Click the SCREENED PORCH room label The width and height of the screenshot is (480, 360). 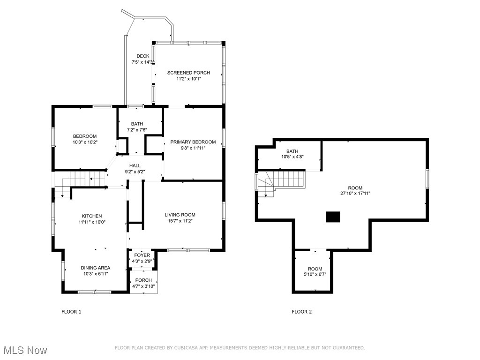tap(189, 73)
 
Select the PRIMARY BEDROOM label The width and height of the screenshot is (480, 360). tap(193, 142)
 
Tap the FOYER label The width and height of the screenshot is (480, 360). tap(142, 255)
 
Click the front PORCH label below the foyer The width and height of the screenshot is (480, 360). tap(143, 280)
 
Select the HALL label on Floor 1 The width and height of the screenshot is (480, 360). tap(135, 165)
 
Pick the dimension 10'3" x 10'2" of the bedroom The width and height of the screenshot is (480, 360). tap(85, 142)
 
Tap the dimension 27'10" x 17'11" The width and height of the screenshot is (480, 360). tap(355, 193)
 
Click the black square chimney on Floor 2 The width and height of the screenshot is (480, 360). tap(333, 217)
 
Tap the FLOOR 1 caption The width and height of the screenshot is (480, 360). tap(71, 312)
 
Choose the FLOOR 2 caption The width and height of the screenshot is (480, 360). tap(301, 312)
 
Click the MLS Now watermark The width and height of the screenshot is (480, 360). tap(24, 350)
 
